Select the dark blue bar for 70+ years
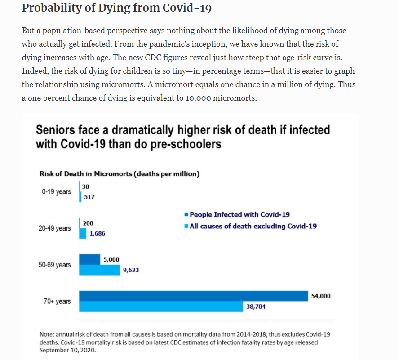coord(193,296)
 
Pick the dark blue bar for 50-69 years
coord(90,259)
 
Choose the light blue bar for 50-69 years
coord(99,270)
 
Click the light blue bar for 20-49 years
coord(83,234)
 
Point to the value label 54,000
coord(321,296)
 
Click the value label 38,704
coord(256,307)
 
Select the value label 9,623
coord(131,271)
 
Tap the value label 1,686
coord(97,234)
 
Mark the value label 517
coord(89,197)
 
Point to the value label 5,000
coord(111,259)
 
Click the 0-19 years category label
coord(56,192)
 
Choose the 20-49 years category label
coord(54,228)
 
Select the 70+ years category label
coord(57,301)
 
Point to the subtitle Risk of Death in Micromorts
coord(120,174)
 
